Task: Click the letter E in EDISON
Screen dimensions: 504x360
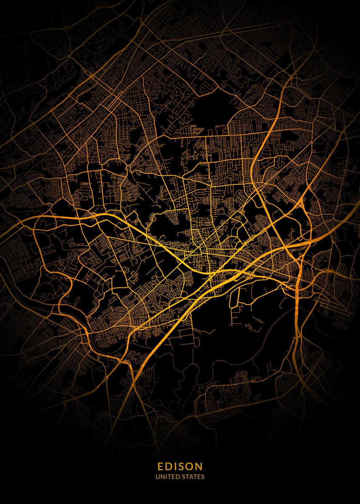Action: (160, 466)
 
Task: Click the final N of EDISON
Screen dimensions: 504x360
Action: (200, 466)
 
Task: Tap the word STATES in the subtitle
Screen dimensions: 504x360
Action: (193, 477)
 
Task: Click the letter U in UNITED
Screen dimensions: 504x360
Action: (158, 477)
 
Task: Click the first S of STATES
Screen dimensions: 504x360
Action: (184, 477)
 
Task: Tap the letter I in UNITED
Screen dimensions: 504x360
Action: (166, 477)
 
